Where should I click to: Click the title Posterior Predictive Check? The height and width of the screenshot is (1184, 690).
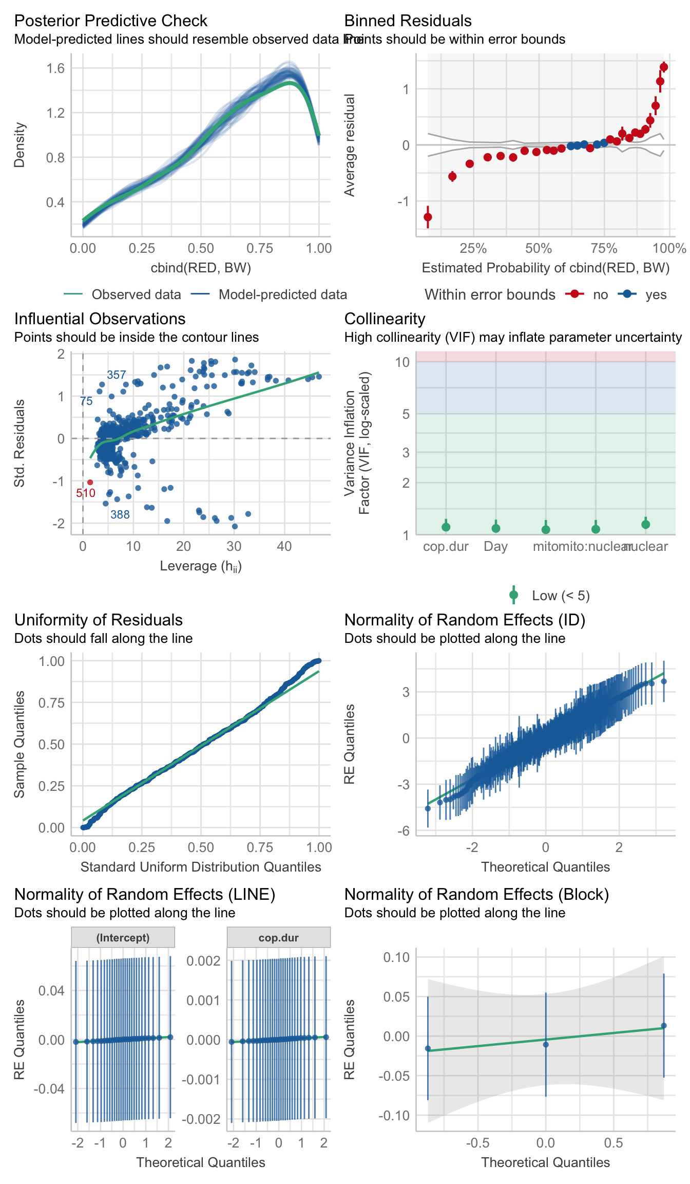coord(110,21)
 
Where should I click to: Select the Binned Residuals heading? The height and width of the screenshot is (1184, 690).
coord(408,21)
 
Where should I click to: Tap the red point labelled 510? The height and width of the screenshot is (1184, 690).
coord(90,482)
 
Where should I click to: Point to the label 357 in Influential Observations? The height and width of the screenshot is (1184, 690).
coord(116,375)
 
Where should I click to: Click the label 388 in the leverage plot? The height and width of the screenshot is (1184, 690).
coord(120,514)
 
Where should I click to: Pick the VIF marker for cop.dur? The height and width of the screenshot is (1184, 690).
coord(446,527)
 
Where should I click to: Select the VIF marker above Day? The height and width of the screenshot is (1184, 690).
coord(496,528)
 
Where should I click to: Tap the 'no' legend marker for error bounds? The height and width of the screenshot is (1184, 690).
coord(575,294)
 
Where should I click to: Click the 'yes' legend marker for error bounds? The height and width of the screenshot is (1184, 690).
coord(627,294)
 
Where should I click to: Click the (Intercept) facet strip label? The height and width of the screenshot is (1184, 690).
coord(123,937)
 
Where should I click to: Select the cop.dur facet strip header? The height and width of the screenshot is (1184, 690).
coord(279,937)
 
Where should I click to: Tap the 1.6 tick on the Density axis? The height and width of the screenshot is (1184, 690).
coord(55,68)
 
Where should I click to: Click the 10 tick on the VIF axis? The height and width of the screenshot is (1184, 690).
coord(402,362)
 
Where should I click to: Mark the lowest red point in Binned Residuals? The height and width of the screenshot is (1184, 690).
coord(428,217)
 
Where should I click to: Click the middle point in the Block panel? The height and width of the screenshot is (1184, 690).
coord(546,1044)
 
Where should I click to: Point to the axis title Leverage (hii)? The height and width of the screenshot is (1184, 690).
coord(201,566)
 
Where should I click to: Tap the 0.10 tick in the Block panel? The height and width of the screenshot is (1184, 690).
coord(397,957)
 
